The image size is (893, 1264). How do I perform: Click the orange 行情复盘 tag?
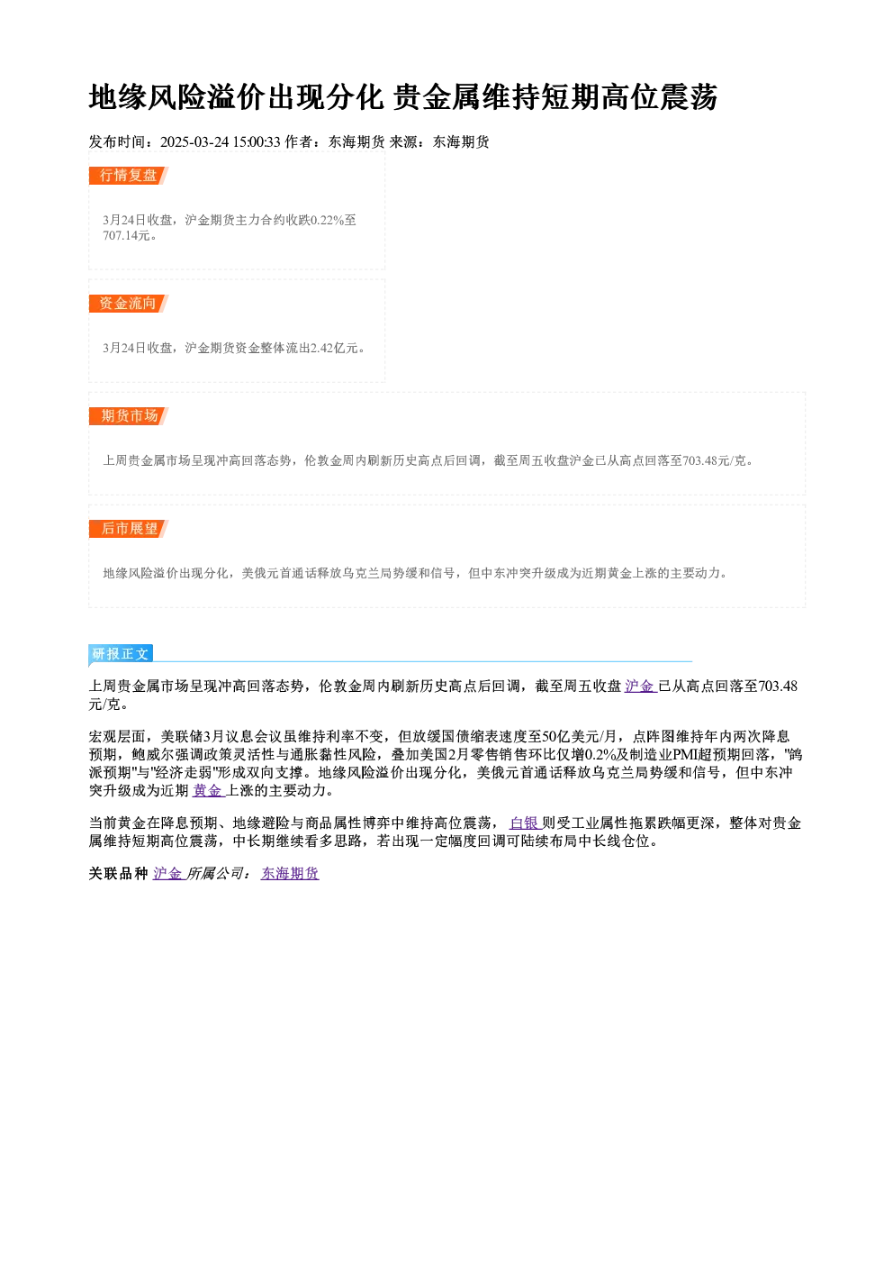click(x=129, y=176)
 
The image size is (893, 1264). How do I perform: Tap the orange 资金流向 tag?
click(x=129, y=304)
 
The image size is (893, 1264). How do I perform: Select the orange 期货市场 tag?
click(x=129, y=416)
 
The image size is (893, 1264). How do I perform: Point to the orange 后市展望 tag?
click(x=129, y=529)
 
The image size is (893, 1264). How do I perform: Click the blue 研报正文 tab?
click(x=121, y=653)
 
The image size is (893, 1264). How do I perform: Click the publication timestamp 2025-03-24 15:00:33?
click(x=221, y=141)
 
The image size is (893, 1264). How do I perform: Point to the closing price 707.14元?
click(x=127, y=235)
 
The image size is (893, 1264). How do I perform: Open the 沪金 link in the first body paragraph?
click(x=640, y=687)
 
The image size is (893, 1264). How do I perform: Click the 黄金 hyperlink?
click(x=208, y=791)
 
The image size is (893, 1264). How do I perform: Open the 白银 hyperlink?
click(x=525, y=823)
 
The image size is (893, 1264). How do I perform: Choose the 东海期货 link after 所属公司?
click(x=290, y=874)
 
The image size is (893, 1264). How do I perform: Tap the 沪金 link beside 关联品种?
click(x=168, y=874)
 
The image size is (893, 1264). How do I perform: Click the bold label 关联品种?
click(x=118, y=874)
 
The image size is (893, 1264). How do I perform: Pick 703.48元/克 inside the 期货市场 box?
click(x=714, y=460)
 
